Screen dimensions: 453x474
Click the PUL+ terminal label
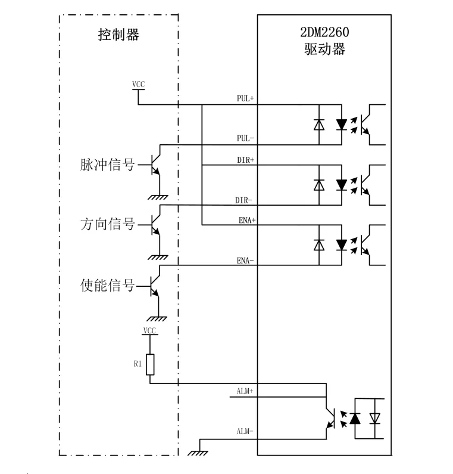(245, 98)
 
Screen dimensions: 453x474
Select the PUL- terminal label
(245, 138)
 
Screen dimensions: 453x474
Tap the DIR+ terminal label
(245, 160)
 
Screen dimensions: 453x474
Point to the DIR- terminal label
(243, 200)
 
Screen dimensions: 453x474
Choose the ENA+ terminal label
(247, 220)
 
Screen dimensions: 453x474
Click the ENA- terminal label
(245, 261)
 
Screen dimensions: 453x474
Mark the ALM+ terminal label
(245, 391)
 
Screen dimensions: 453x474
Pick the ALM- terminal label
(245, 431)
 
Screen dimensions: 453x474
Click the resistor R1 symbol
(150, 364)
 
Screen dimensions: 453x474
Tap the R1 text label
(138, 364)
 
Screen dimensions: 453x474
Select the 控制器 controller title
(118, 35)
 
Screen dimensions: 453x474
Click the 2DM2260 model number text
(324, 32)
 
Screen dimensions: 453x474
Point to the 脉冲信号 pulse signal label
(107, 165)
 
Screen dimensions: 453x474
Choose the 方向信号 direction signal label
(107, 224)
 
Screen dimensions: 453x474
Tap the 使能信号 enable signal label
(107, 285)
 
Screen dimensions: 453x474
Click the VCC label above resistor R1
(149, 330)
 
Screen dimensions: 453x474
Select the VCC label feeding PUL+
(139, 84)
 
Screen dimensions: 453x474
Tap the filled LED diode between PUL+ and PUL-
(341, 124)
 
